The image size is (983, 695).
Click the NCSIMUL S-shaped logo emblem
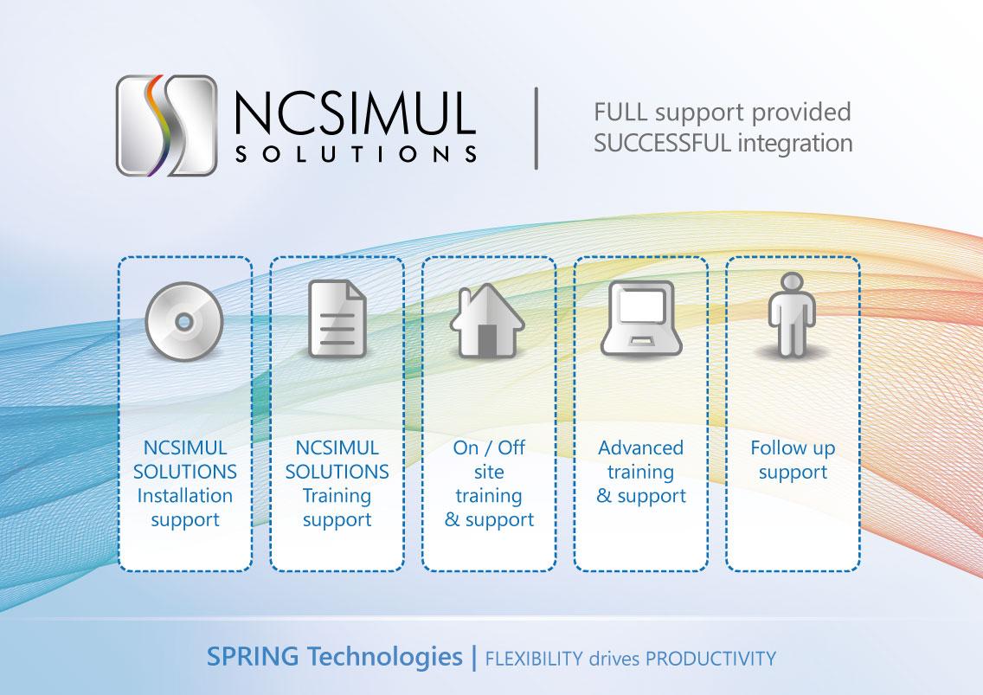click(166, 125)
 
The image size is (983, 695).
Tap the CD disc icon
click(184, 321)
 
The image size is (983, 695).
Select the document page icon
click(337, 319)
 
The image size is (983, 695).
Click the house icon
click(488, 319)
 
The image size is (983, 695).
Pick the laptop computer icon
click(640, 317)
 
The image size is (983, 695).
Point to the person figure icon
click(792, 315)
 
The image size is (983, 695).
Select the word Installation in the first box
click(185, 496)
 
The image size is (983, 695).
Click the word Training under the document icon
click(337, 496)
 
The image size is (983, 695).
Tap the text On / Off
click(489, 448)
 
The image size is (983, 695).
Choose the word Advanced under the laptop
click(640, 448)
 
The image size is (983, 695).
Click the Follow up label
click(793, 448)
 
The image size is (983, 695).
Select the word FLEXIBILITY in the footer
click(534, 659)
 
